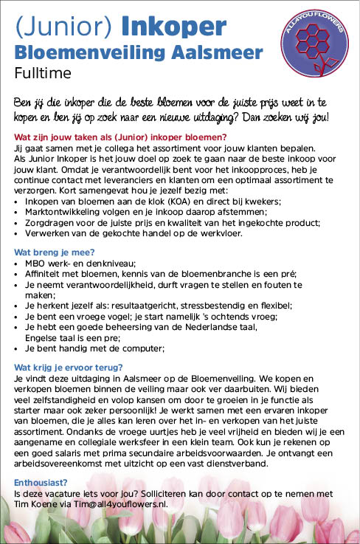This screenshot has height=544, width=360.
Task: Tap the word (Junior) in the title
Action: click(63, 27)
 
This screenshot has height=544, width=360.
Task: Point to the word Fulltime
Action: click(42, 73)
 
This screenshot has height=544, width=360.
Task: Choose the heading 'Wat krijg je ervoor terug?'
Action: click(68, 367)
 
